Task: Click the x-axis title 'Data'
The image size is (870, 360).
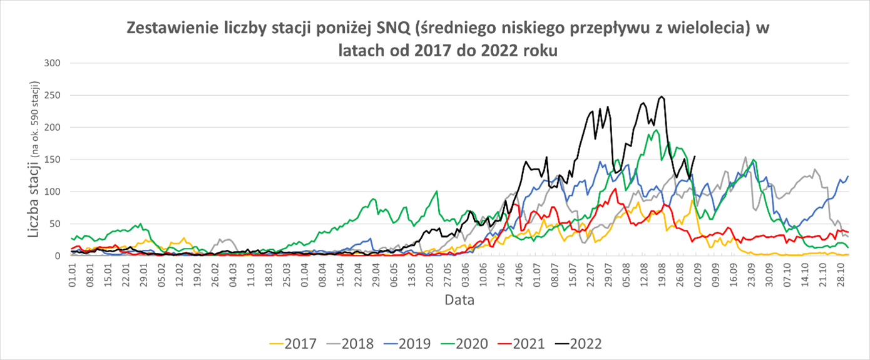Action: coord(459,300)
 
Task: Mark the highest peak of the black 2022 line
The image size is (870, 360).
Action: coord(661,96)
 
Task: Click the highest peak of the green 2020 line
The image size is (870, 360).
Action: coord(655,130)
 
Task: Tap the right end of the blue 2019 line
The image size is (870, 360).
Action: coord(848,177)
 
